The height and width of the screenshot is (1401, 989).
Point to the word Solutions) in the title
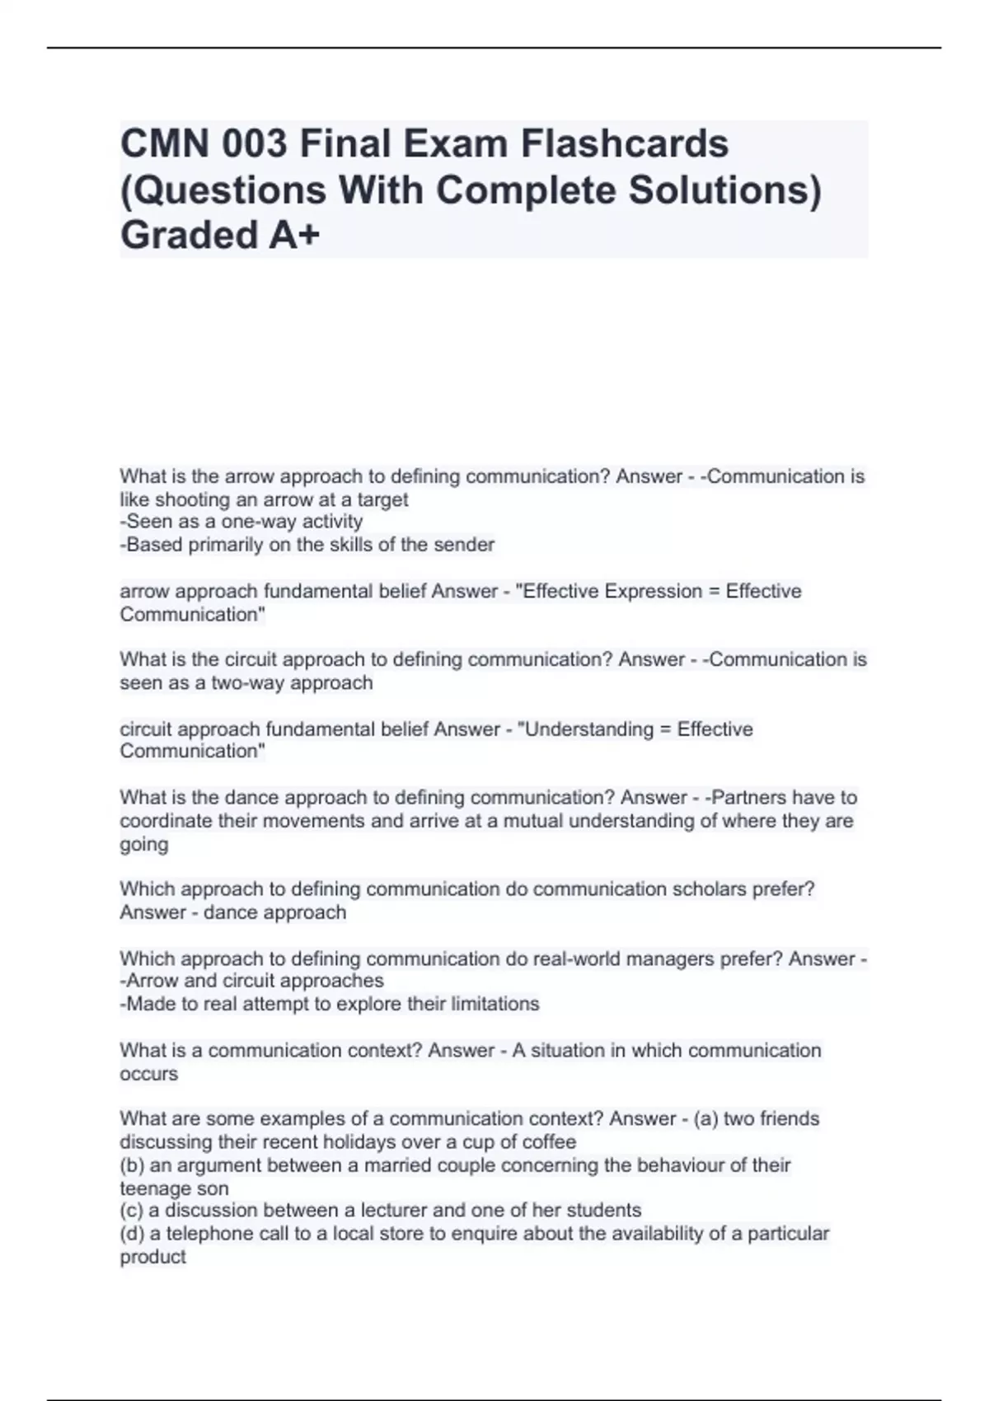click(x=725, y=190)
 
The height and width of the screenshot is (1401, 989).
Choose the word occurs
click(x=148, y=1074)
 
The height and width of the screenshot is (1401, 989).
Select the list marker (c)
click(x=132, y=1211)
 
